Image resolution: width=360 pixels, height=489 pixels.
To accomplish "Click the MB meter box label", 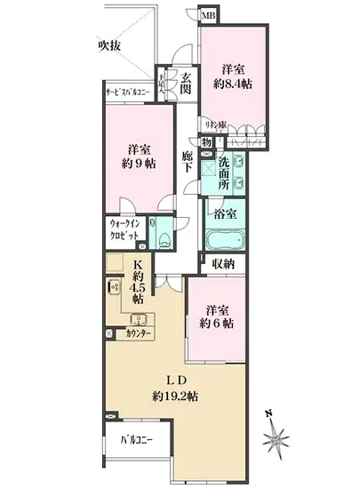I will [207, 15].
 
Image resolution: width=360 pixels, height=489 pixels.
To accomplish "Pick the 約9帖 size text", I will [137, 165].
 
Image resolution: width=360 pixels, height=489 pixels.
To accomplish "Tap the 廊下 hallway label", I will [188, 160].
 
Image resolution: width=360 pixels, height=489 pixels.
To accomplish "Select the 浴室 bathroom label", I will [225, 214].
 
